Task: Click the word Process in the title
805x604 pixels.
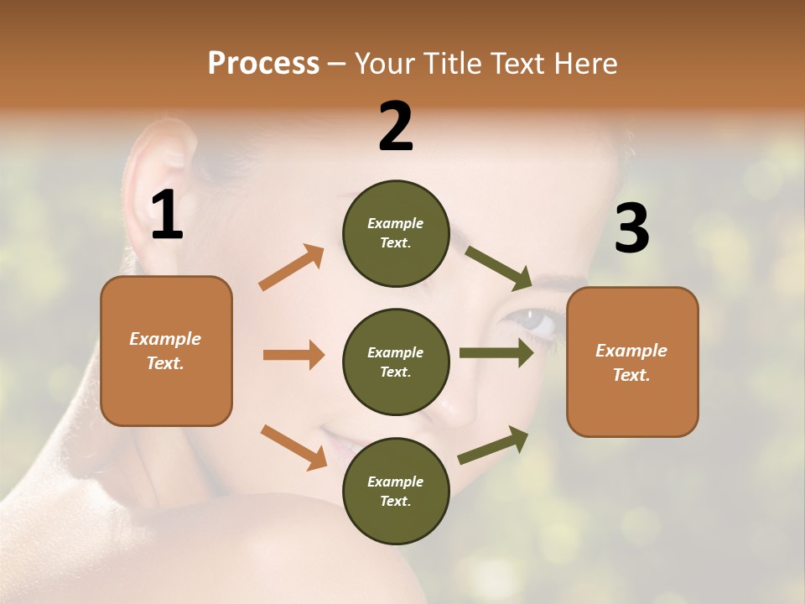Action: [x=263, y=63]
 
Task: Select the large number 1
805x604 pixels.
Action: [x=167, y=216]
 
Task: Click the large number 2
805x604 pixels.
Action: [x=396, y=127]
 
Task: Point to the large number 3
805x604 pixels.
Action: [x=631, y=229]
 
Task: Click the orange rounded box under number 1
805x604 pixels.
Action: [x=166, y=351]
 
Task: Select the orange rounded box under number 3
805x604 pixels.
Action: [x=632, y=362]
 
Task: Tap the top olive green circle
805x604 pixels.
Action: [x=396, y=233]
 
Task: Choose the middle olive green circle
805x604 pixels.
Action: [x=396, y=362]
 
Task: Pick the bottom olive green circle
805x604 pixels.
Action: [x=396, y=491]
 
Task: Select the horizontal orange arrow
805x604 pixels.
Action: [x=293, y=355]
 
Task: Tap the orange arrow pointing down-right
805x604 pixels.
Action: [x=293, y=446]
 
